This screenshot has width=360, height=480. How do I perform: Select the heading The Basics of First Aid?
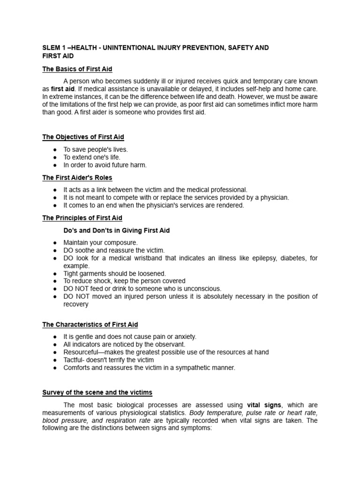(x=77, y=69)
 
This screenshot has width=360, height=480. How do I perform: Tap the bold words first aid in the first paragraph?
(x=63, y=89)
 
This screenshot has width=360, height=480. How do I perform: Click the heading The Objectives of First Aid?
(x=83, y=137)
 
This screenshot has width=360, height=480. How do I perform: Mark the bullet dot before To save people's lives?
(x=54, y=150)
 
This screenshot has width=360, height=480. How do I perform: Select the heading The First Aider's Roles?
(x=77, y=178)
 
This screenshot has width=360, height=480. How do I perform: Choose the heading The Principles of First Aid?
(x=82, y=218)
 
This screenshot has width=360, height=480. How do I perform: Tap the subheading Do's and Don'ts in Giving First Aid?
(x=116, y=231)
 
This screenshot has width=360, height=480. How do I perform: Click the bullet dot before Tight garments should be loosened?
(x=54, y=273)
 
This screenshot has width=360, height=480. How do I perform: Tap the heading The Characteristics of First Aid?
(x=90, y=324)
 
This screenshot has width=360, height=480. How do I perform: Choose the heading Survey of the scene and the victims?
(x=97, y=392)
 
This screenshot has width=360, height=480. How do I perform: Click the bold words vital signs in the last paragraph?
(x=264, y=405)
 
